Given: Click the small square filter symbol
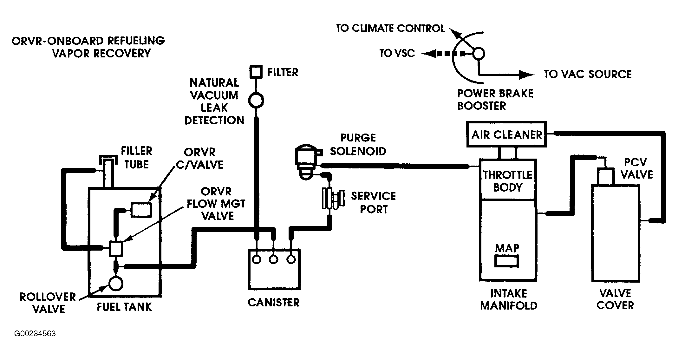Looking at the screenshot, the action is [256, 72].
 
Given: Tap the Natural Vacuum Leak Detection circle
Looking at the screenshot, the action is [256, 101].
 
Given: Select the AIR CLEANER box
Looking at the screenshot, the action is [506, 134].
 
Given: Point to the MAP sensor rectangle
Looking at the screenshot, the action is [507, 261].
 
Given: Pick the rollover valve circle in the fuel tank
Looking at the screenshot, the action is [116, 283].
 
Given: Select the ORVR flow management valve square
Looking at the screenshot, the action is [116, 248].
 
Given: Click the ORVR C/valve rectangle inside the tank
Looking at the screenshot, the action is [141, 209].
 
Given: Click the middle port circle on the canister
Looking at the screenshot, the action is [273, 259].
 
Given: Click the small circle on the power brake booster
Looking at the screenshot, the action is [479, 54].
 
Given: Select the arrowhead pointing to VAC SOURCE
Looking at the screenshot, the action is [527, 75].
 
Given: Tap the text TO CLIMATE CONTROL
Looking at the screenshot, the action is [391, 29].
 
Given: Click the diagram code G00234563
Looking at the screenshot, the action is [35, 334].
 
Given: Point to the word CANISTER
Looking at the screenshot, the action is [274, 303].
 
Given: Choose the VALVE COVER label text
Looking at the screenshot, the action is [615, 299].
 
